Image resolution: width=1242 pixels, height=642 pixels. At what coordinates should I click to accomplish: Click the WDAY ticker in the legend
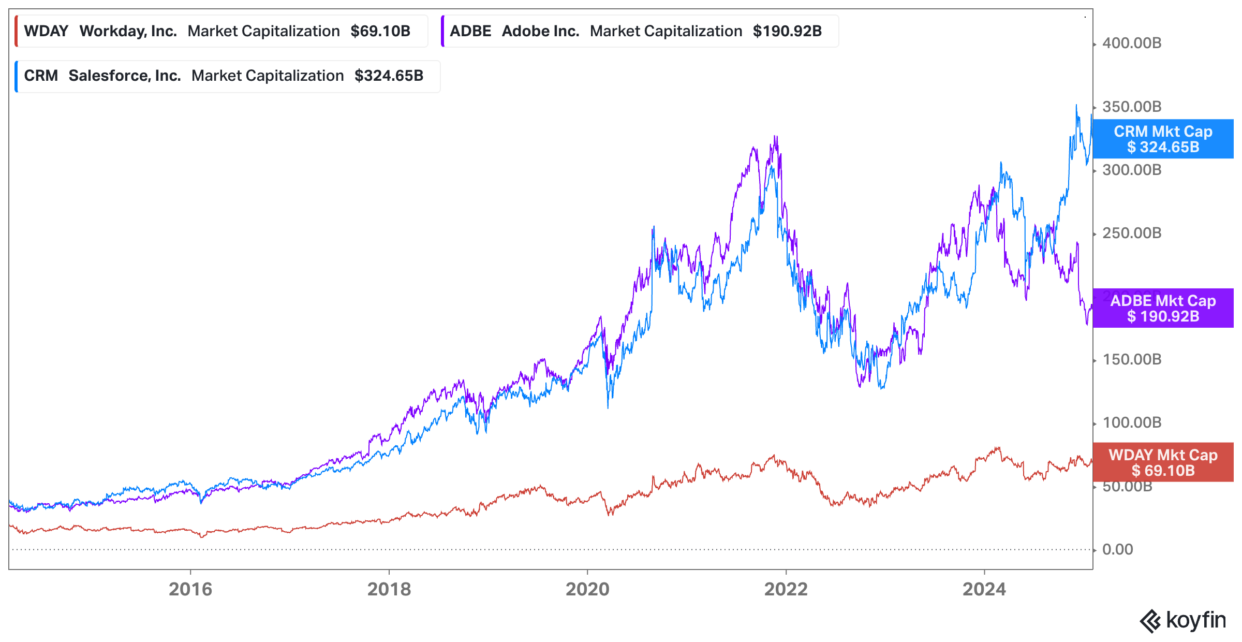46,31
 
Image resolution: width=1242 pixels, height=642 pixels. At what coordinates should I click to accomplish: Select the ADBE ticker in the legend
470,31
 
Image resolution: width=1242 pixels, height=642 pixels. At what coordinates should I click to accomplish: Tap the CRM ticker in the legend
41,76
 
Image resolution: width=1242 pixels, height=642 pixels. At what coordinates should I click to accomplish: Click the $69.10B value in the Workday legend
380,31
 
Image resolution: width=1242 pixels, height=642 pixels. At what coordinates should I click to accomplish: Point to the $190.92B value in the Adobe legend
787,31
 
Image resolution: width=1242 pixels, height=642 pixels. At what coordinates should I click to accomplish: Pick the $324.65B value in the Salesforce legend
389,76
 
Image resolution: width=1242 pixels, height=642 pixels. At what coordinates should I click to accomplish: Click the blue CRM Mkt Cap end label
1163,139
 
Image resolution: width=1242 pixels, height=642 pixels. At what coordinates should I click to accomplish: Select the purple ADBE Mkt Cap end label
1163,308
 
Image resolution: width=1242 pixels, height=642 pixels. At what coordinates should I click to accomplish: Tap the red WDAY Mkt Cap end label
1163,462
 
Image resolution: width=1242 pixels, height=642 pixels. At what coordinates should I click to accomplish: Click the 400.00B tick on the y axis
1132,43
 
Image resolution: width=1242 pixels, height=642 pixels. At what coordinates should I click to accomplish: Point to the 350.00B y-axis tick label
1132,107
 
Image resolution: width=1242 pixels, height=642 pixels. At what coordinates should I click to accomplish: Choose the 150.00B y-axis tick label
1132,359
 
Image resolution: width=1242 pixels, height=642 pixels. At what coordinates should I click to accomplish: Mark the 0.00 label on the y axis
1117,549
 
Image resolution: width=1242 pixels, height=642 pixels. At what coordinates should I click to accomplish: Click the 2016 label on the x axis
190,589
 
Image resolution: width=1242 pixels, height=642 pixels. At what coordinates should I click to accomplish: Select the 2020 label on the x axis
587,589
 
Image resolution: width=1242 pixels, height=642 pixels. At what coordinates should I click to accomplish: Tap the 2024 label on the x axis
984,589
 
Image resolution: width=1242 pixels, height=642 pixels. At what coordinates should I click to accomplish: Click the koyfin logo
1182,620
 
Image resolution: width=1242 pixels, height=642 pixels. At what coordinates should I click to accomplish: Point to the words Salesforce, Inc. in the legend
125,76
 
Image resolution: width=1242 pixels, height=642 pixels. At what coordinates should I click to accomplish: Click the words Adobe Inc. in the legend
540,31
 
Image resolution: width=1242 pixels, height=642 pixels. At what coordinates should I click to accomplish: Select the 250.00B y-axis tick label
1132,233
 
